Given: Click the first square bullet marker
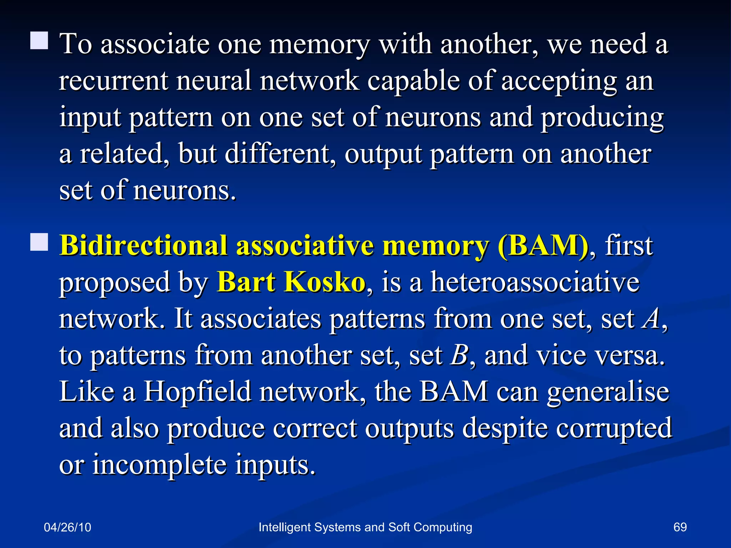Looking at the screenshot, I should point(39,41).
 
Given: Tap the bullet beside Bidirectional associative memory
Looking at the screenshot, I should point(39,243).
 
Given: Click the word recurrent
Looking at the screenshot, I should point(113,81).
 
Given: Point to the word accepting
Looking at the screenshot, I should point(559,81).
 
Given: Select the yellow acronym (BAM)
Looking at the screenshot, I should point(543,246).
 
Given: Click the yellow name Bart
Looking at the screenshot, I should point(246,282).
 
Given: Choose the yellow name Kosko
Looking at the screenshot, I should point(325,282).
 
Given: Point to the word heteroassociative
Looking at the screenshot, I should point(535,282).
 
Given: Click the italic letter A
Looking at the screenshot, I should point(651,319).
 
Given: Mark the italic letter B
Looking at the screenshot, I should point(459,355).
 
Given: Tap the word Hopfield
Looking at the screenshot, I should point(197,392).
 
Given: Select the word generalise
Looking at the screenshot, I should point(608,392).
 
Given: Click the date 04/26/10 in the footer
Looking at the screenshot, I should point(67,527).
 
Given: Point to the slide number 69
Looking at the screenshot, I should point(680,527).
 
